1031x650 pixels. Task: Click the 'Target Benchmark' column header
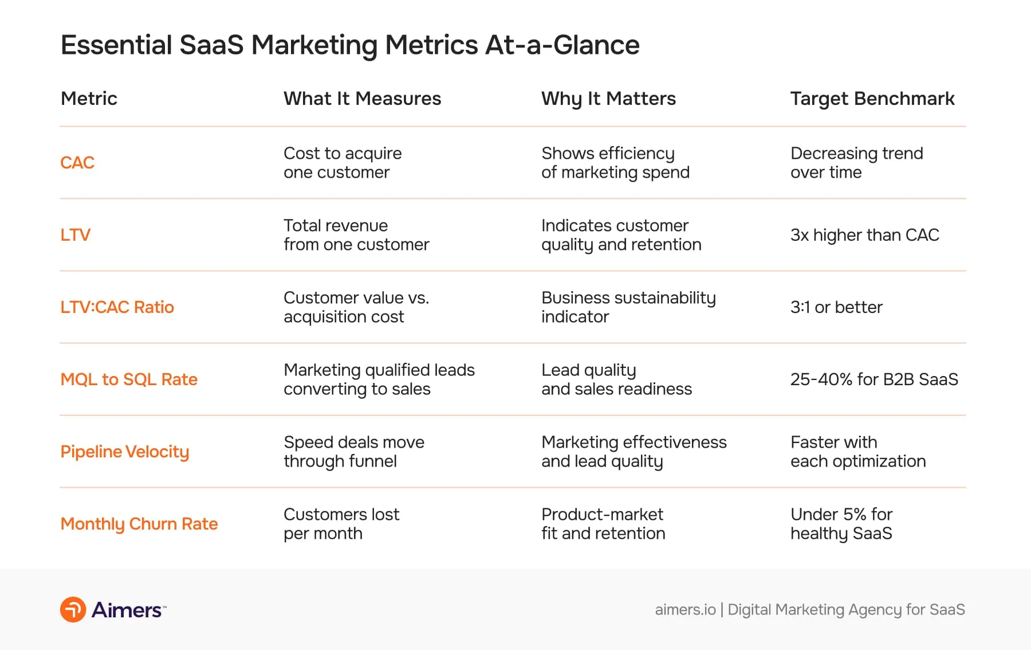(x=872, y=99)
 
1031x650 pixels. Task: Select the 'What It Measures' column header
(x=362, y=99)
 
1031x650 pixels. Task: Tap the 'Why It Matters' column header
(x=608, y=99)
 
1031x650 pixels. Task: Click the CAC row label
(x=77, y=163)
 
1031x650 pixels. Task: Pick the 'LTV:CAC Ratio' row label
(x=117, y=307)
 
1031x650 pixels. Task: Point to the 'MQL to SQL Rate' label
(x=129, y=379)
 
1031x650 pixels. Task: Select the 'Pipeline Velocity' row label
(x=124, y=452)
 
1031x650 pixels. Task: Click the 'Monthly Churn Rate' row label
(x=139, y=524)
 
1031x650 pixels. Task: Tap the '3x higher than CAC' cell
(x=864, y=235)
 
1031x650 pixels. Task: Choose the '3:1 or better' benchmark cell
(x=836, y=307)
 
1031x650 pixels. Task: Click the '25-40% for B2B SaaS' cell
(x=873, y=379)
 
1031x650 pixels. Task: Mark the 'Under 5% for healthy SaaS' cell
(x=841, y=524)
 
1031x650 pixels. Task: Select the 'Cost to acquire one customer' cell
(x=343, y=163)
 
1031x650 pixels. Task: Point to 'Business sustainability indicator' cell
(x=628, y=307)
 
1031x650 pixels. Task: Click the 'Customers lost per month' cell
(x=341, y=524)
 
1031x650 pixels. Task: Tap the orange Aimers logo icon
(x=73, y=609)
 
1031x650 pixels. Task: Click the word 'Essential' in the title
(x=116, y=45)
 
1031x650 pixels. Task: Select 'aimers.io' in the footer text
(x=685, y=609)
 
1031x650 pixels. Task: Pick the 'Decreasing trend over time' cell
(x=856, y=163)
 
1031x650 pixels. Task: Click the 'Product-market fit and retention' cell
(x=603, y=524)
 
